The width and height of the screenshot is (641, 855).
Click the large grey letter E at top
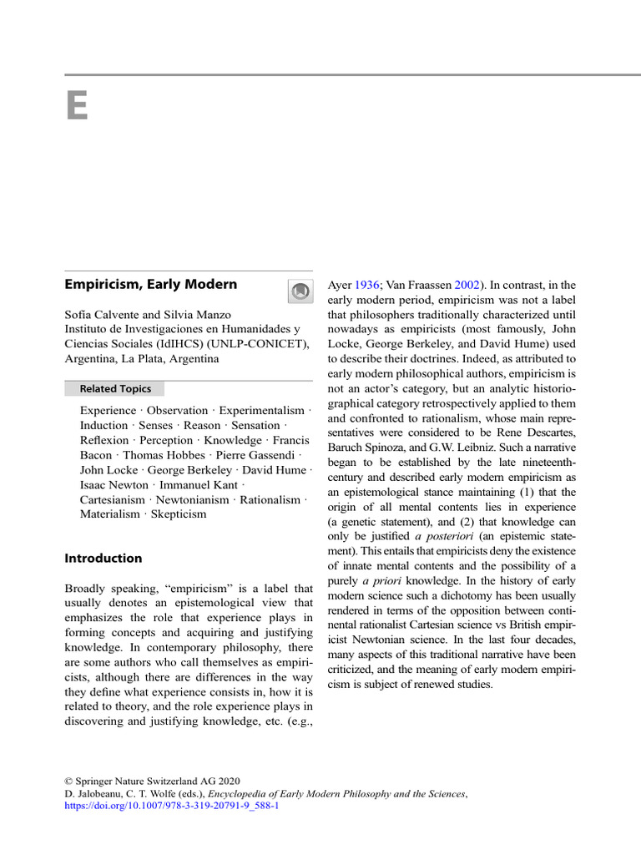[77, 106]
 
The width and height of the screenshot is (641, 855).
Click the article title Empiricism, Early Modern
[151, 284]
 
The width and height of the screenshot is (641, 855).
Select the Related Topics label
[115, 388]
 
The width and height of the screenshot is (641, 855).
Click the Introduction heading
[103, 558]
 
